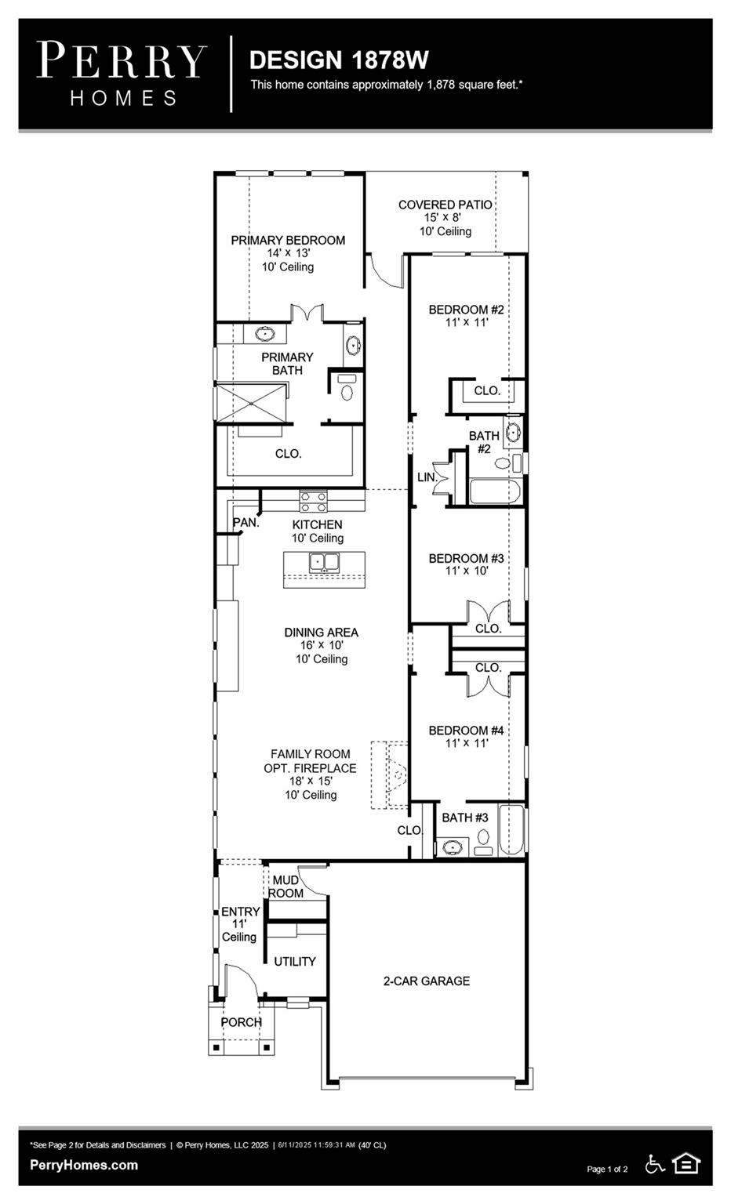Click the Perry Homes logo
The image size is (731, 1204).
coord(122,74)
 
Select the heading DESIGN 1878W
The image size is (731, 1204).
coord(338,60)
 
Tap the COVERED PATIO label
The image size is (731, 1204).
coord(445,205)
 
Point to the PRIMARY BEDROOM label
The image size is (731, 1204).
coord(288,241)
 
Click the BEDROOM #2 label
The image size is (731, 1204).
coord(466,310)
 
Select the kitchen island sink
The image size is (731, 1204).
coord(324,561)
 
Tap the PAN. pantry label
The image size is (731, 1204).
coord(245,522)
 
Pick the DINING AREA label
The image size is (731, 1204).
coord(321,633)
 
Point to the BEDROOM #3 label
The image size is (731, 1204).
coord(466,559)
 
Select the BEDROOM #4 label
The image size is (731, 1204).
coord(466,731)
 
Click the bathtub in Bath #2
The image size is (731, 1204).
coord(494,491)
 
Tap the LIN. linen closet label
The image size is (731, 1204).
coord(426,477)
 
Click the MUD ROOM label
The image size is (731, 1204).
coord(286,887)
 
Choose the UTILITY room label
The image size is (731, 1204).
coord(295,962)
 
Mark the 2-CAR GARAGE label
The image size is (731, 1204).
coord(426,981)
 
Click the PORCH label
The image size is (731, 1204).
coord(241,1022)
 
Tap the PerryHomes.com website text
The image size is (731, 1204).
coord(84,1165)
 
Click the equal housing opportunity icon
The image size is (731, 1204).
coord(686,1163)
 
